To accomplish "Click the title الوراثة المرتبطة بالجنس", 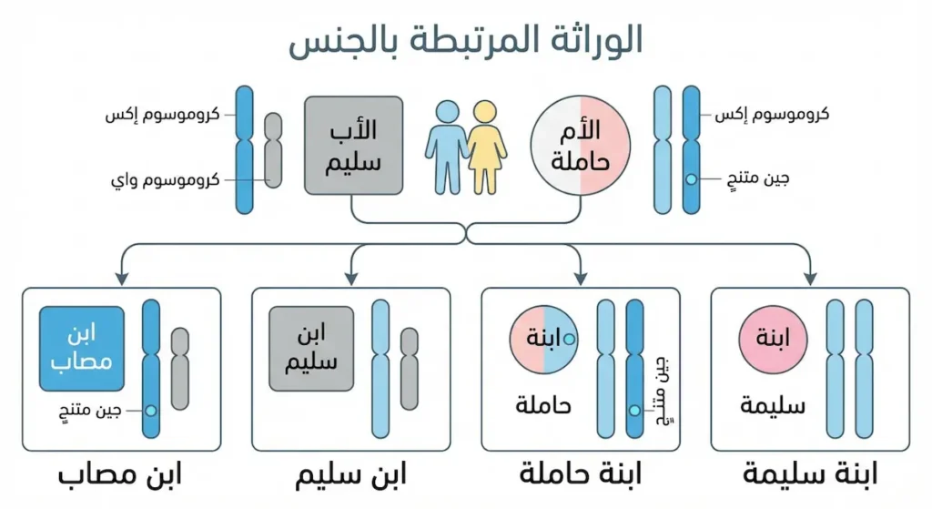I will tap(466, 41).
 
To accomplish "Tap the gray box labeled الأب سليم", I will tap(354, 146).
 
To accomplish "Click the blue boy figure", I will tap(448, 146).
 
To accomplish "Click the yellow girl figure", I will tap(487, 146).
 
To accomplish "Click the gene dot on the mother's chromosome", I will tap(691, 179).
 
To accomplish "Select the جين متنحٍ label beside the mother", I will tap(754, 179).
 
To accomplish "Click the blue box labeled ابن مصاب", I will tap(82, 349).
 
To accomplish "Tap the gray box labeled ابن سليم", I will tap(311, 349).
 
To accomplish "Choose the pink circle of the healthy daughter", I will tap(772, 340).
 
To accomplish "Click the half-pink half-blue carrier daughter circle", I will tap(543, 340).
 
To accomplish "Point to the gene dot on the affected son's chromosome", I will tap(151, 411).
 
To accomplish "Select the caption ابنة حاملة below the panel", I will tap(581, 474).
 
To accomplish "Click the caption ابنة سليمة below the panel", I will tap(810, 474).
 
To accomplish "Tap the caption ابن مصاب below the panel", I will tap(121, 474).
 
